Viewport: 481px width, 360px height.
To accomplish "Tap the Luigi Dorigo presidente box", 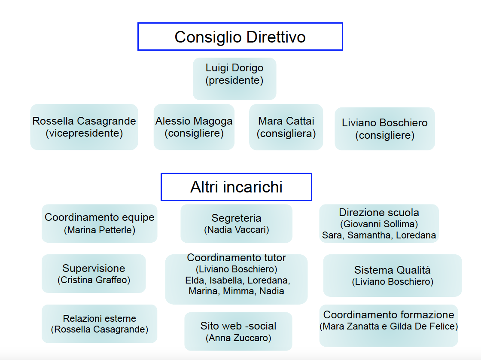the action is pyautogui.click(x=234, y=79).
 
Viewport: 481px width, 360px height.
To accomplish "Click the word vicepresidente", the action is pyautogui.click(x=84, y=133).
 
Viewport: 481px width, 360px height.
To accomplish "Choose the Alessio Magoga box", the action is pyautogui.click(x=194, y=127).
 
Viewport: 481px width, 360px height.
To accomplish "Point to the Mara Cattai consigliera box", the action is pyautogui.click(x=286, y=127).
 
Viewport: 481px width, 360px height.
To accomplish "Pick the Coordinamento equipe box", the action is pyautogui.click(x=99, y=223).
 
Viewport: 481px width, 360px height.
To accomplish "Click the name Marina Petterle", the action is pyautogui.click(x=99, y=230).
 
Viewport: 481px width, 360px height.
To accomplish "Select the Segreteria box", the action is pyautogui.click(x=236, y=223).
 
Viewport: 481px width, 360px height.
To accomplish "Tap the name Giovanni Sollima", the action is pyautogui.click(x=379, y=224).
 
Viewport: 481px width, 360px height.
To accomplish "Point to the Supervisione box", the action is pyautogui.click(x=94, y=274).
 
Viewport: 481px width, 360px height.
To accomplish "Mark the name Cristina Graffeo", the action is pyautogui.click(x=94, y=280).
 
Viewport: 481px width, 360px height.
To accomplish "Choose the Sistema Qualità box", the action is pyautogui.click(x=393, y=275).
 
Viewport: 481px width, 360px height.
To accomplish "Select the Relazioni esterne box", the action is pyautogui.click(x=99, y=324).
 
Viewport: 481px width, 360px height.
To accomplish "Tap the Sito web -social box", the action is pyautogui.click(x=238, y=332).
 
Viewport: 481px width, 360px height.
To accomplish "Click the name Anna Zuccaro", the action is pyautogui.click(x=238, y=338).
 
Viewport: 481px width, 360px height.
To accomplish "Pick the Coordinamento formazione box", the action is pyautogui.click(x=389, y=326).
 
